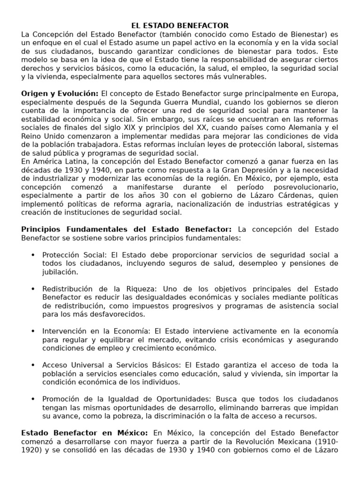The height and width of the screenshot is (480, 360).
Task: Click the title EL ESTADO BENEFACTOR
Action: click(180, 25)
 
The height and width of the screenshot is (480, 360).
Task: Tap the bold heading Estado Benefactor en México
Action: click(84, 433)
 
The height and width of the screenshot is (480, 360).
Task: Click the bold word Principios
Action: click(42, 229)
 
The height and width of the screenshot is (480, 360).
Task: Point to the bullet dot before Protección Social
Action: click(32, 255)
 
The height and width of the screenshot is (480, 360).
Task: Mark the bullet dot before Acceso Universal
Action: click(32, 365)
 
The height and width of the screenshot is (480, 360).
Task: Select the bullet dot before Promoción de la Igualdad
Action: click(32, 399)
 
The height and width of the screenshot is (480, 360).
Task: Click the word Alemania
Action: click(305, 127)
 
